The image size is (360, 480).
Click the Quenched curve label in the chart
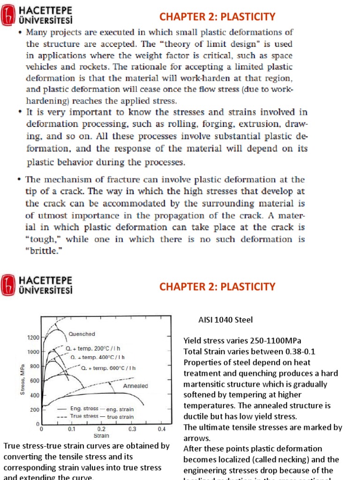coord(82,334)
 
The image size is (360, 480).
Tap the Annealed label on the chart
coord(135,386)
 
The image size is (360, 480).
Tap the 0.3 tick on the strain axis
coord(132,429)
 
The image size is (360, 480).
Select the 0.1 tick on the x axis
coord(71,429)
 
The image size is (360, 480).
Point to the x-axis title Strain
coord(101,435)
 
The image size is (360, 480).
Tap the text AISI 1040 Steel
coord(225,320)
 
